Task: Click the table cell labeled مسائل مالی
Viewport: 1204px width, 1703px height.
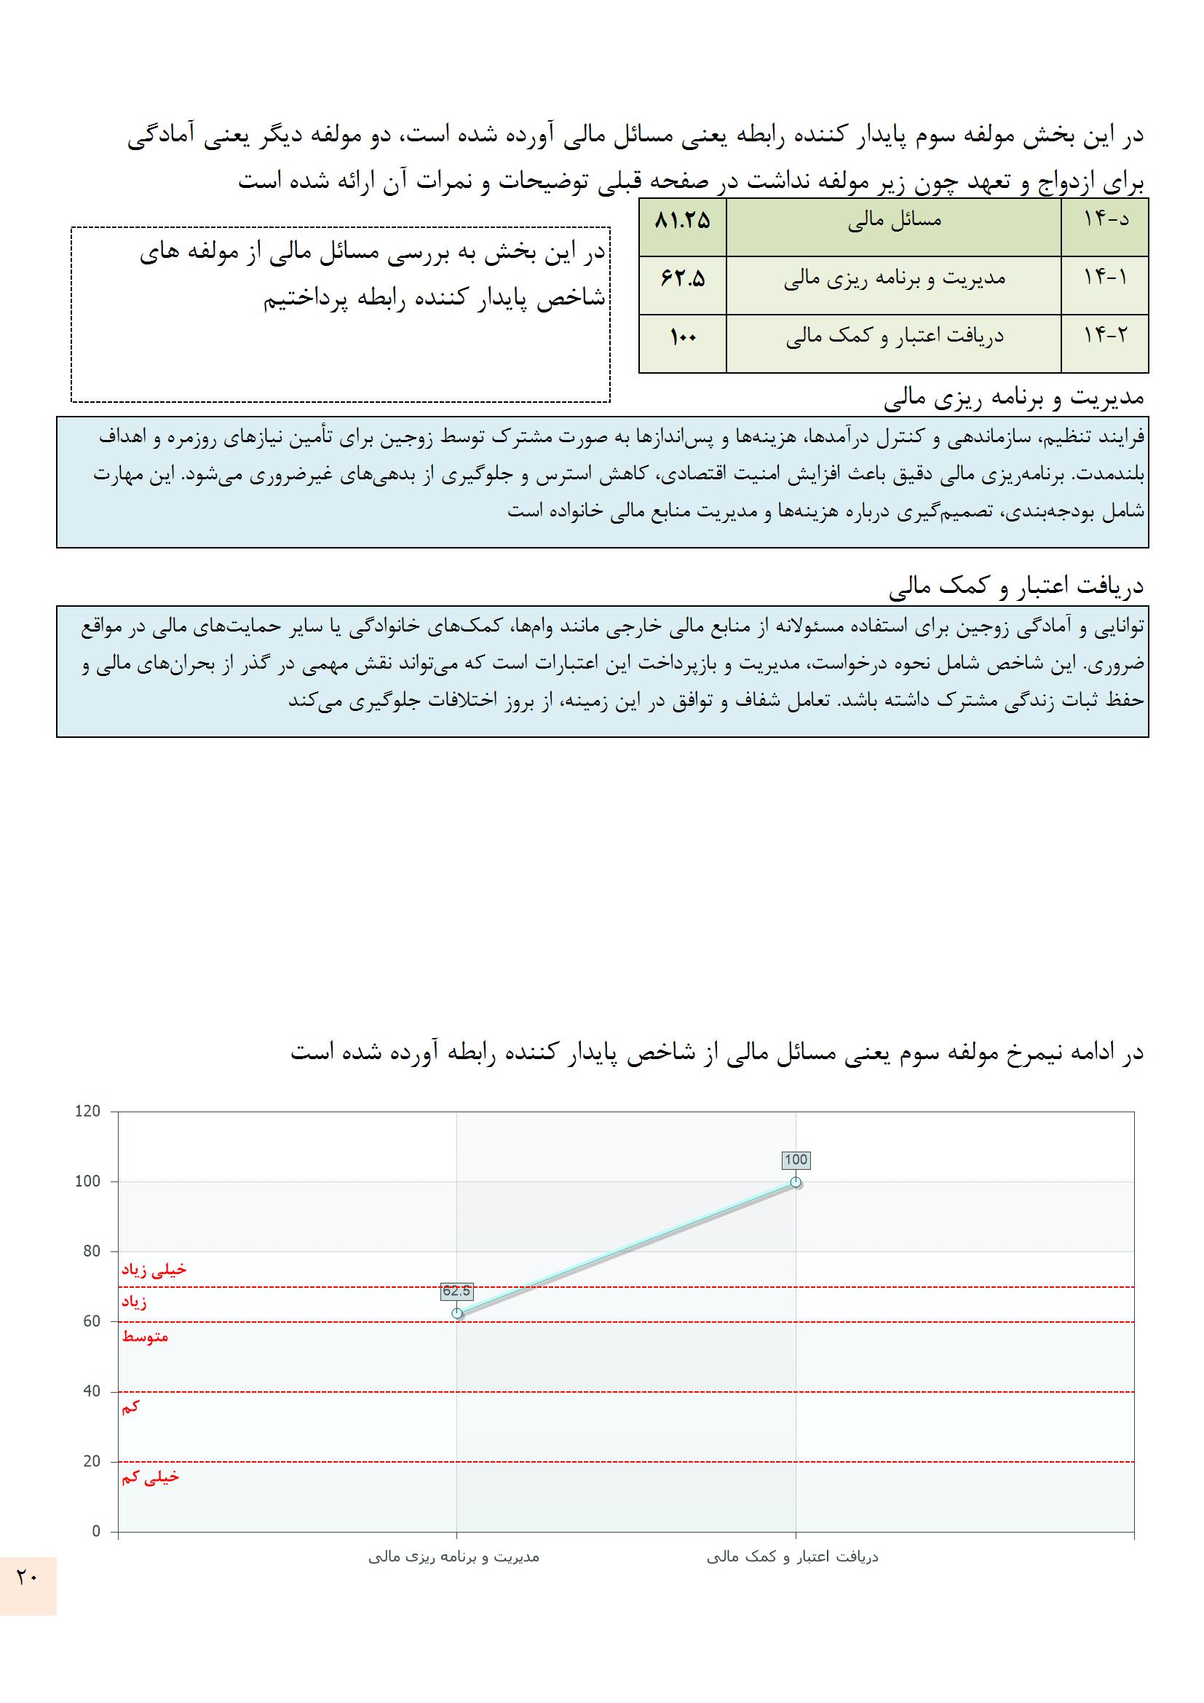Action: [x=894, y=221]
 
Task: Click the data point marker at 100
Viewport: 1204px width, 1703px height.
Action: [x=796, y=1182]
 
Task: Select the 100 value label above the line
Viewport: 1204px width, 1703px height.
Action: [x=796, y=1160]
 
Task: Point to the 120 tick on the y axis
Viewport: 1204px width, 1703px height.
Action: [x=87, y=1112]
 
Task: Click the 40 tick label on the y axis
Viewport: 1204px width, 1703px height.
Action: [x=90, y=1391]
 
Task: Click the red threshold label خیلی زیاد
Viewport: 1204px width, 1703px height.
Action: [x=154, y=1270]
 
